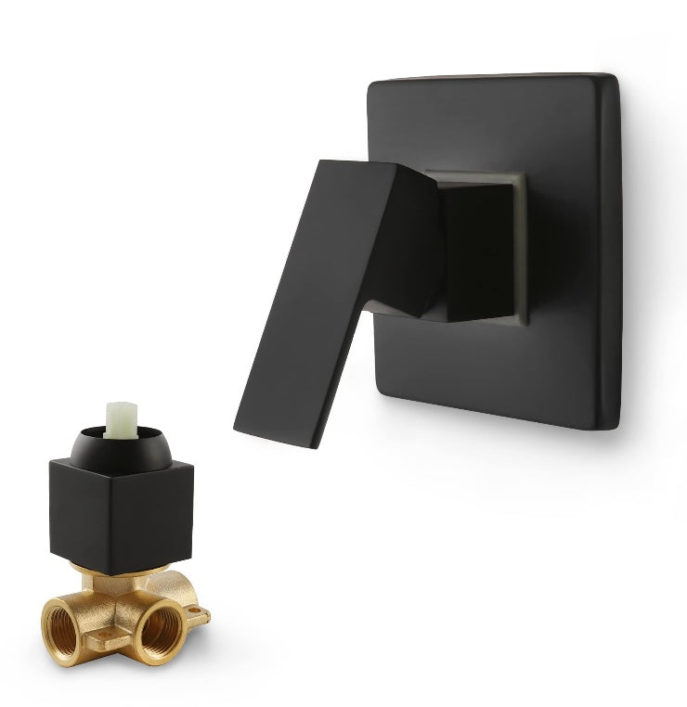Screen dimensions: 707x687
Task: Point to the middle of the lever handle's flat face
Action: (x=316, y=297)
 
